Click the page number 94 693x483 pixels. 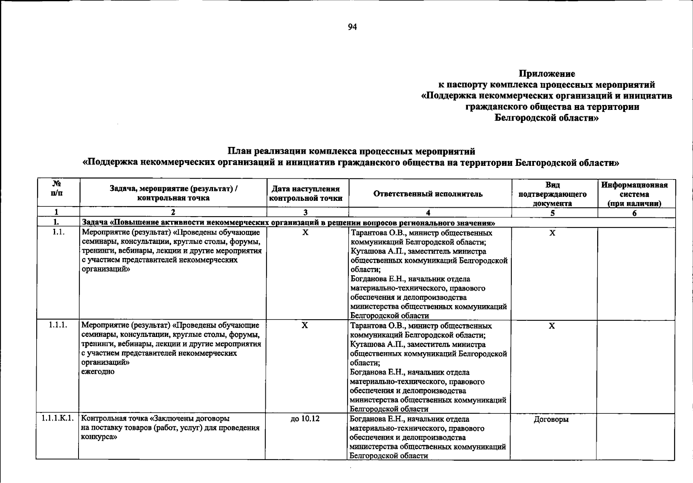click(352, 27)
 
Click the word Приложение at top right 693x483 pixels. click(546, 74)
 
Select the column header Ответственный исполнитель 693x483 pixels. click(428, 194)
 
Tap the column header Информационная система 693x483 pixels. click(634, 194)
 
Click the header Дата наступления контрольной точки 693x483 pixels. click(306, 194)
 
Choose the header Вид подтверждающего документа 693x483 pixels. click(552, 194)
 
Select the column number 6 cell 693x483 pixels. click(634, 213)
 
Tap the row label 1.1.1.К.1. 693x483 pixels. click(57, 419)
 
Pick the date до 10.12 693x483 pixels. click(305, 419)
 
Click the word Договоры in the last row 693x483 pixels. click(551, 420)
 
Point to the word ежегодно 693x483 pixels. click(98, 372)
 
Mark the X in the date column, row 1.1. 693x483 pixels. click(306, 233)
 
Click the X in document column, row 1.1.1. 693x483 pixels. click(552, 326)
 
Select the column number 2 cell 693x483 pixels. click(173, 213)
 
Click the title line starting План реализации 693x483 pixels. click(351, 151)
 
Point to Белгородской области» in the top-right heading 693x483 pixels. click(546, 118)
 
